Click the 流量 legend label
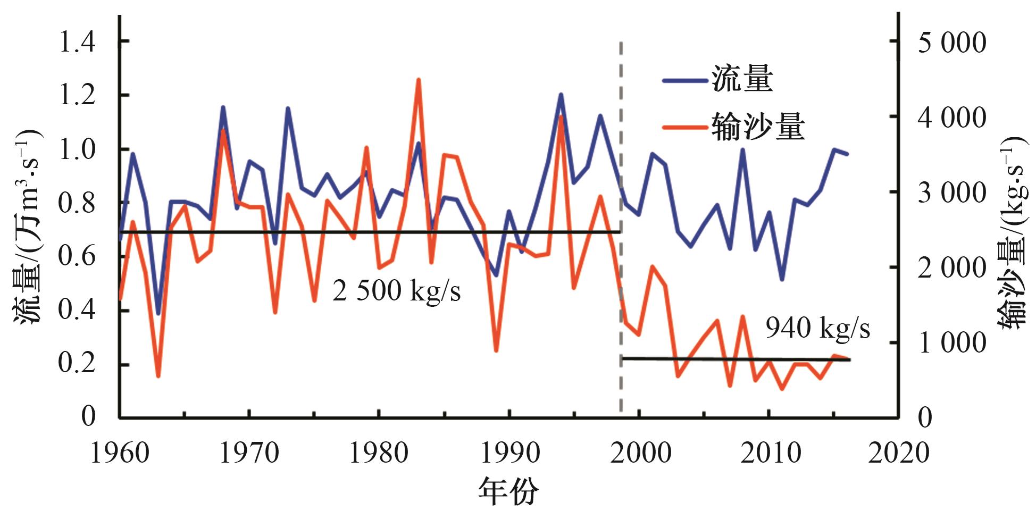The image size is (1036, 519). tap(742, 80)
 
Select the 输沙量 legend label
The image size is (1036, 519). tap(758, 128)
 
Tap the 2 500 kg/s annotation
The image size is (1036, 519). tap(396, 291)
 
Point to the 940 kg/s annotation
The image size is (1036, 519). tap(817, 328)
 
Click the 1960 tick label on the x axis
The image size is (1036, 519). tap(120, 453)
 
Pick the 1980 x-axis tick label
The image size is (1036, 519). tap(379, 453)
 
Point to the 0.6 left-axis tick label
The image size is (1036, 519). tap(77, 257)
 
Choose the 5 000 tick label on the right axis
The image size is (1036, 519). tap(952, 43)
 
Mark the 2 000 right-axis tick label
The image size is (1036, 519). tap(952, 267)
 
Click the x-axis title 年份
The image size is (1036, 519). tap(508, 491)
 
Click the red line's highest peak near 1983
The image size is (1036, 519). tap(418, 80)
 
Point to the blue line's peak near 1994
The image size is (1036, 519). tap(561, 95)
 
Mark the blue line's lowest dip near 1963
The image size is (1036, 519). tap(158, 313)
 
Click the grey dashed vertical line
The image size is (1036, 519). tap(621, 160)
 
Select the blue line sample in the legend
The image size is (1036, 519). tap(685, 81)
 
